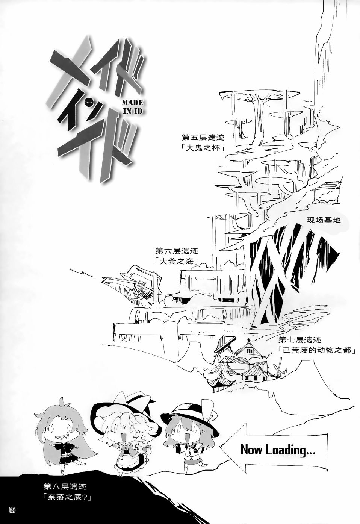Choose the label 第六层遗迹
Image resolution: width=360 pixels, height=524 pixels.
176,250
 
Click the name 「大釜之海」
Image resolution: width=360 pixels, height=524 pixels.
176,262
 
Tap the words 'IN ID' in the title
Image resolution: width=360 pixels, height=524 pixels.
132,112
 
